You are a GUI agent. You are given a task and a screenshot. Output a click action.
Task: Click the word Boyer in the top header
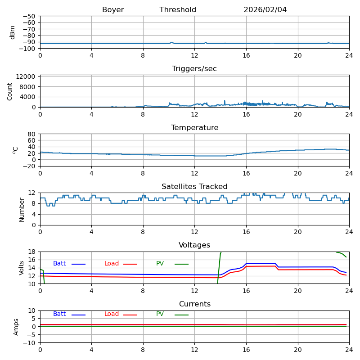tap(113, 10)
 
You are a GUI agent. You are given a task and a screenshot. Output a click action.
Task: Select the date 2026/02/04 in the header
tap(265, 10)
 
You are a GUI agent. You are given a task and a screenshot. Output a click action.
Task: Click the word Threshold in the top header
tap(178, 10)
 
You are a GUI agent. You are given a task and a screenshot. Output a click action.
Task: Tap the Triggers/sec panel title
tap(194, 69)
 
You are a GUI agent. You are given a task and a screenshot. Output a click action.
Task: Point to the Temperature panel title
tap(194, 128)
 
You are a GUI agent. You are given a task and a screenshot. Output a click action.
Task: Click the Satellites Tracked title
tap(194, 187)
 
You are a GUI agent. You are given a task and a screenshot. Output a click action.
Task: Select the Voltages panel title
tap(194, 245)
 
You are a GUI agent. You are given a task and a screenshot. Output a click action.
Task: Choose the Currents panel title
tap(194, 304)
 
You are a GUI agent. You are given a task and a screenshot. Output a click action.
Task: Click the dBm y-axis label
tap(13, 32)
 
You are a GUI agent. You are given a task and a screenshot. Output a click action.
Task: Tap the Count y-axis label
tap(10, 91)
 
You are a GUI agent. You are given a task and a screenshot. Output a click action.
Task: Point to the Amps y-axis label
tap(16, 327)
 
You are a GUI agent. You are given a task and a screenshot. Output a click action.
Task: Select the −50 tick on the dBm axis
tap(30, 16)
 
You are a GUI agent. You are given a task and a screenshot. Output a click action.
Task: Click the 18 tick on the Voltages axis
tap(32, 252)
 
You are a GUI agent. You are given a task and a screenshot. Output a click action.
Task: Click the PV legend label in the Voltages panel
tap(160, 264)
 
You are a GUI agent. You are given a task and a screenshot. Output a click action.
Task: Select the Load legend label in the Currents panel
tap(112, 314)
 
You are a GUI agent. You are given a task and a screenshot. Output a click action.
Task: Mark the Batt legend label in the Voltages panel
tap(59, 264)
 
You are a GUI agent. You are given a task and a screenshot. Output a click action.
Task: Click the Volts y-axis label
tap(22, 268)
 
